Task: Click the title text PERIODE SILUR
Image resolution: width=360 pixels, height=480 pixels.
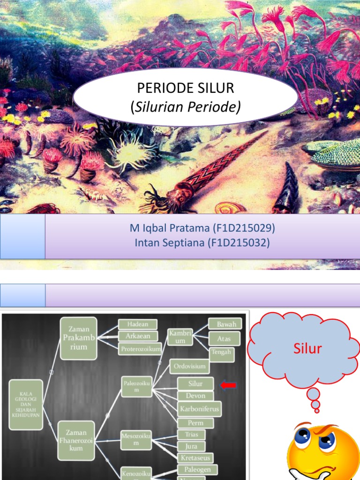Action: [x=185, y=89]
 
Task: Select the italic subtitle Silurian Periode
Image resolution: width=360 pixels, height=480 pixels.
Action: [x=185, y=107]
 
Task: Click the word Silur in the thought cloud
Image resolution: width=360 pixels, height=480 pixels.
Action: [x=307, y=348]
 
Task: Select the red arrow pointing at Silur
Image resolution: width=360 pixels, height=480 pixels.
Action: [x=228, y=385]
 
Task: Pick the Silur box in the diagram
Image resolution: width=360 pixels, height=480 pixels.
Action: [x=195, y=383]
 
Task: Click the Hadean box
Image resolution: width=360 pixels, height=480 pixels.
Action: [x=138, y=324]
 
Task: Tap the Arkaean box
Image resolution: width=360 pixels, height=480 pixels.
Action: [x=138, y=336]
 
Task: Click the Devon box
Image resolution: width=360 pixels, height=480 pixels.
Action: [x=195, y=396]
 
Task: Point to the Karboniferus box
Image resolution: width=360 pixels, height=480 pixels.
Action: [x=199, y=409]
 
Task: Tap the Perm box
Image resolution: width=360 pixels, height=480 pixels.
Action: [x=195, y=423]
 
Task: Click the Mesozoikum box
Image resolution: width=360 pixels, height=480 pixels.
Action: [x=136, y=440]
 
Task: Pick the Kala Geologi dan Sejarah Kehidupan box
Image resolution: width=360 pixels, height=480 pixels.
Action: [x=26, y=405]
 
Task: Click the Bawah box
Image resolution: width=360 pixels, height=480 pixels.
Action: [x=225, y=323]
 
